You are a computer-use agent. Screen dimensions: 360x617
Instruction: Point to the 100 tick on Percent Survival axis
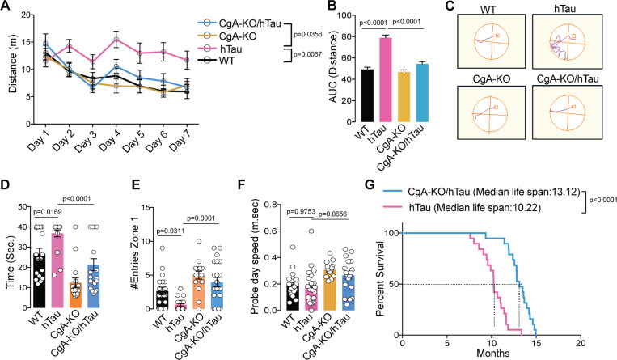pos(391,233)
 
